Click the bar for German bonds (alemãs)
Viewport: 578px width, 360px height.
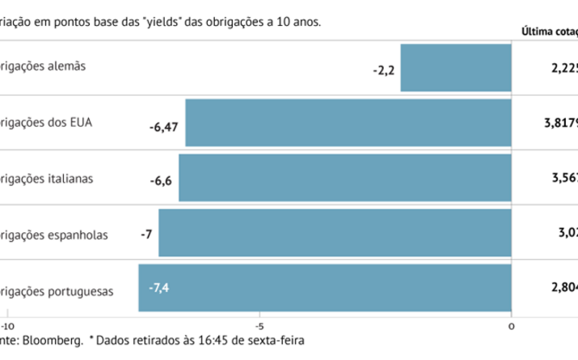click(456, 68)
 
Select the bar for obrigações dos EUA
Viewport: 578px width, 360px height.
click(348, 123)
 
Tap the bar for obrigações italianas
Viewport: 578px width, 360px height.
click(345, 178)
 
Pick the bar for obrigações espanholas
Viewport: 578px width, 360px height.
click(335, 233)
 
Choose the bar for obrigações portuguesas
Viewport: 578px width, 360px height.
click(325, 288)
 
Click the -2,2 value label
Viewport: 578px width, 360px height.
click(383, 70)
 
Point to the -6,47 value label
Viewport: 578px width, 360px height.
click(163, 126)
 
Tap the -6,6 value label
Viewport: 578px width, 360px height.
click(161, 181)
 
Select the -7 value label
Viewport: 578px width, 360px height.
click(146, 235)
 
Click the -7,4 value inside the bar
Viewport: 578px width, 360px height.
click(158, 288)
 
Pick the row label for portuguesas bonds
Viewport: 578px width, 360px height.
click(57, 289)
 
